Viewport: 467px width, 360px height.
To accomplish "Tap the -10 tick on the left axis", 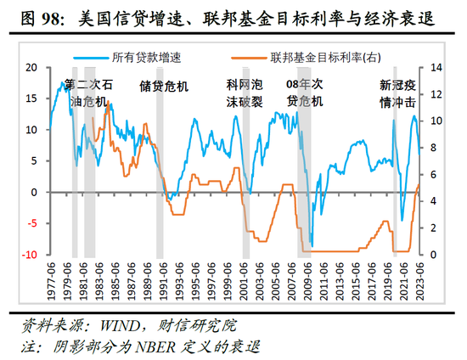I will point(29,255).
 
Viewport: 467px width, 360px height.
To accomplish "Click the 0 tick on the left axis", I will point(35,192).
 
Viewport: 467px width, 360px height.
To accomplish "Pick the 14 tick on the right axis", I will point(439,67).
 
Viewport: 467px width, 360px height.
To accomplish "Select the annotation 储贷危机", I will point(164,86).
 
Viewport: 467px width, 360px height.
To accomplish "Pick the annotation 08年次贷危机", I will point(305,93).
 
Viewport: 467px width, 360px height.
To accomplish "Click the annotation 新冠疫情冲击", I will point(397,93).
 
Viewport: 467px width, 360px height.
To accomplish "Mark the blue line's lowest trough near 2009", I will point(312,246).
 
